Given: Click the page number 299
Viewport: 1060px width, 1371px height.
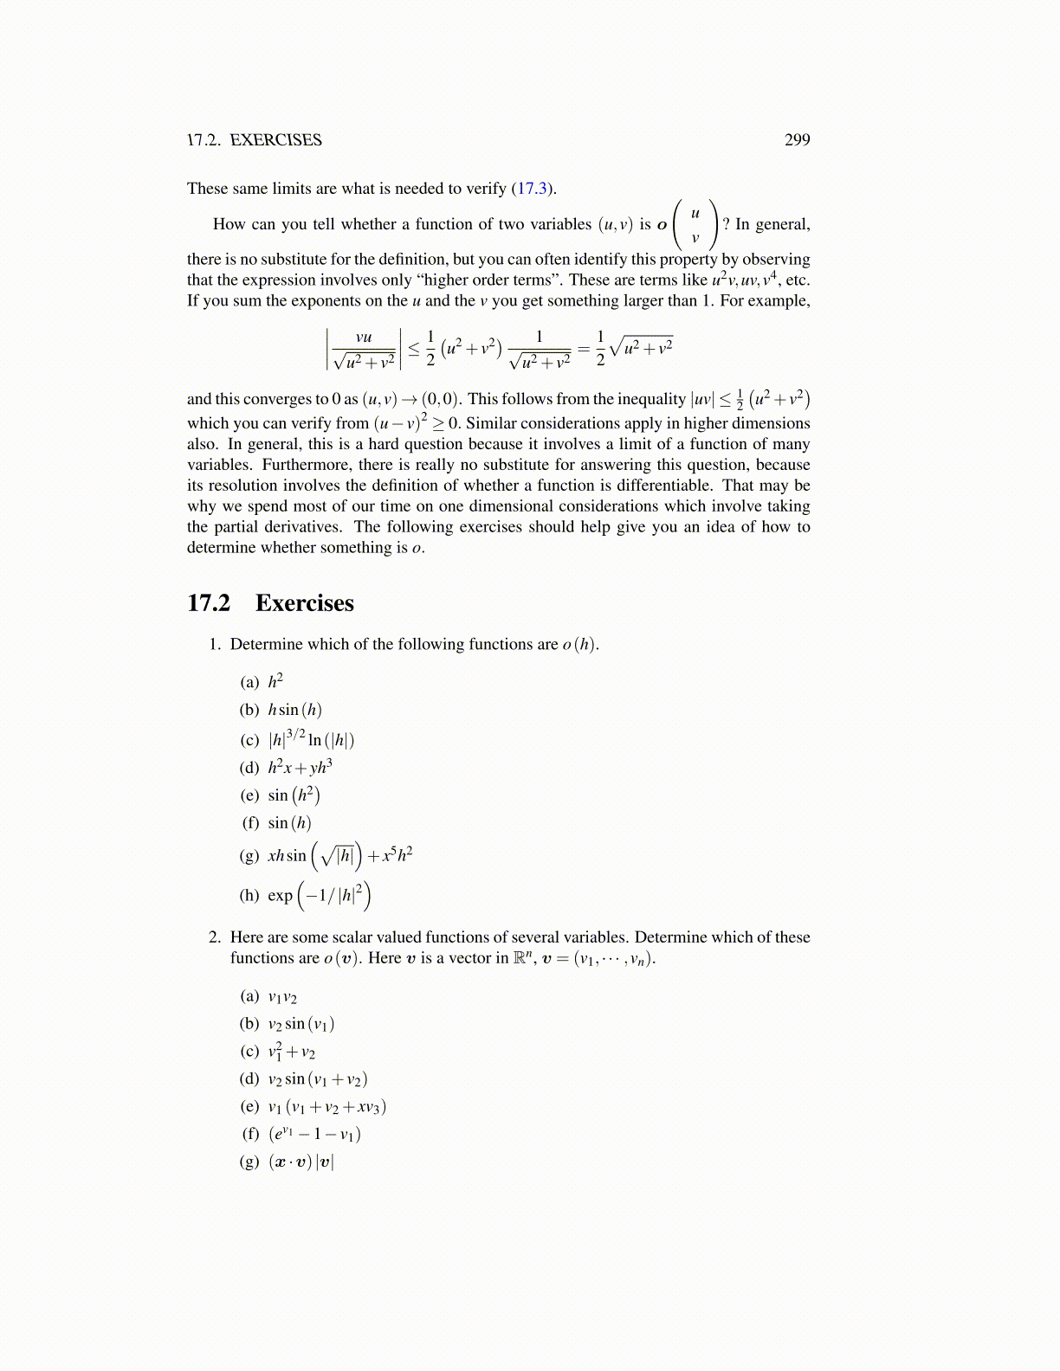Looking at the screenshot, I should click(797, 140).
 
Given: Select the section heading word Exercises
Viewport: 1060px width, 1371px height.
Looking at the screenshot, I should click(304, 603).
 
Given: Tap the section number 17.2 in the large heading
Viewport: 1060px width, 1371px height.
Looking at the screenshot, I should click(209, 603).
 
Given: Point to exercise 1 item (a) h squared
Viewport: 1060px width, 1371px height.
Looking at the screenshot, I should click(275, 681).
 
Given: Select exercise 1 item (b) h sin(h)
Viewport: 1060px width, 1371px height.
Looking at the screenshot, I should click(294, 710).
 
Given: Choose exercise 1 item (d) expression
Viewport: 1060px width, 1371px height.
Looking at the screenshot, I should click(300, 767).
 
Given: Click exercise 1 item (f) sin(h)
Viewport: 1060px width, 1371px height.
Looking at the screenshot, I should click(289, 823).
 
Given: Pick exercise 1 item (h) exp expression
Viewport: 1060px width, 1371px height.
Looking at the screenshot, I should click(320, 896).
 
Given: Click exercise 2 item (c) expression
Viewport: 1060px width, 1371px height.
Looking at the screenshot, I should click(292, 1052).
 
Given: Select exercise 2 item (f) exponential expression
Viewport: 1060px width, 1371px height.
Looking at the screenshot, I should click(314, 1134).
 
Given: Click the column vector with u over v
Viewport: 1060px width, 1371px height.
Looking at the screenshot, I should click(695, 225).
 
